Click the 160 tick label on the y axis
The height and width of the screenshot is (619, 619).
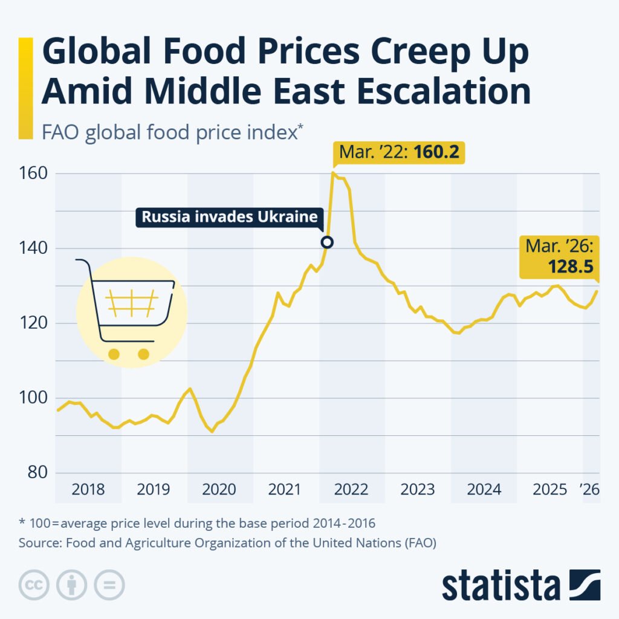pos(36,173)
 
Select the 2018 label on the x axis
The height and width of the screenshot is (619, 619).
pos(88,489)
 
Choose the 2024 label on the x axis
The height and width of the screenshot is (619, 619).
pos(484,489)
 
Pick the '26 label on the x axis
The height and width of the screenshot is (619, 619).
pos(589,489)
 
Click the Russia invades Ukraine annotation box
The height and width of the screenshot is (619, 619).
pos(230,217)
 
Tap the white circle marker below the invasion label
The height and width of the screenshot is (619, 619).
pos(327,242)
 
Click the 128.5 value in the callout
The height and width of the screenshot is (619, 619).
pos(570,267)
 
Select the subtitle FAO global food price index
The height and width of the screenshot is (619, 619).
pos(169,131)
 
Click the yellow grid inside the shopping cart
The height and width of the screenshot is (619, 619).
pos(132,303)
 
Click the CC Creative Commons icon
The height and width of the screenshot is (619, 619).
pos(34,585)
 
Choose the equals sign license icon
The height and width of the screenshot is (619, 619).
pos(109,585)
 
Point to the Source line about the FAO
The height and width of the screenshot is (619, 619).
pos(227,542)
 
